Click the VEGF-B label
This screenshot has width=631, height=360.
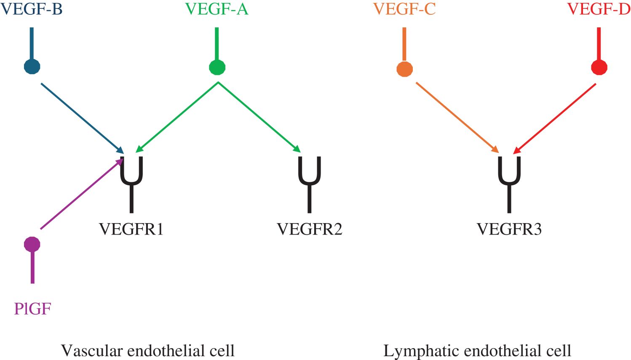tap(32, 9)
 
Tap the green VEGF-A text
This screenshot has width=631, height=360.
tap(217, 9)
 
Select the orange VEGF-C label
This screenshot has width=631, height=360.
tap(404, 9)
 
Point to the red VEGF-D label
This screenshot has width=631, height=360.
tap(599, 9)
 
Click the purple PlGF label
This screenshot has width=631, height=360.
tap(32, 309)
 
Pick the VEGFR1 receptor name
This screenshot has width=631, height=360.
tap(131, 229)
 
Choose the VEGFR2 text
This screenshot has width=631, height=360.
tap(309, 229)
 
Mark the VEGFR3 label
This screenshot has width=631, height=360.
tap(509, 229)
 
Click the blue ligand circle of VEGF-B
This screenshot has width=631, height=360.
tap(32, 66)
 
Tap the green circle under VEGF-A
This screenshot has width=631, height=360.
tap(217, 67)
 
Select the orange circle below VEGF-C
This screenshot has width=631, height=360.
tap(404, 69)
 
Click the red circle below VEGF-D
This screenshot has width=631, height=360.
tap(599, 67)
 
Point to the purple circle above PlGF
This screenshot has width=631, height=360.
tap(32, 244)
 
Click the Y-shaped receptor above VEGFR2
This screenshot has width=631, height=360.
tap(310, 181)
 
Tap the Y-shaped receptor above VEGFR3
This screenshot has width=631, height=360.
tap(509, 181)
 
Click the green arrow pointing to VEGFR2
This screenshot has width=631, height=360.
tap(259, 117)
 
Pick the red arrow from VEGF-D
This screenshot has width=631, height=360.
tap(555, 118)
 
